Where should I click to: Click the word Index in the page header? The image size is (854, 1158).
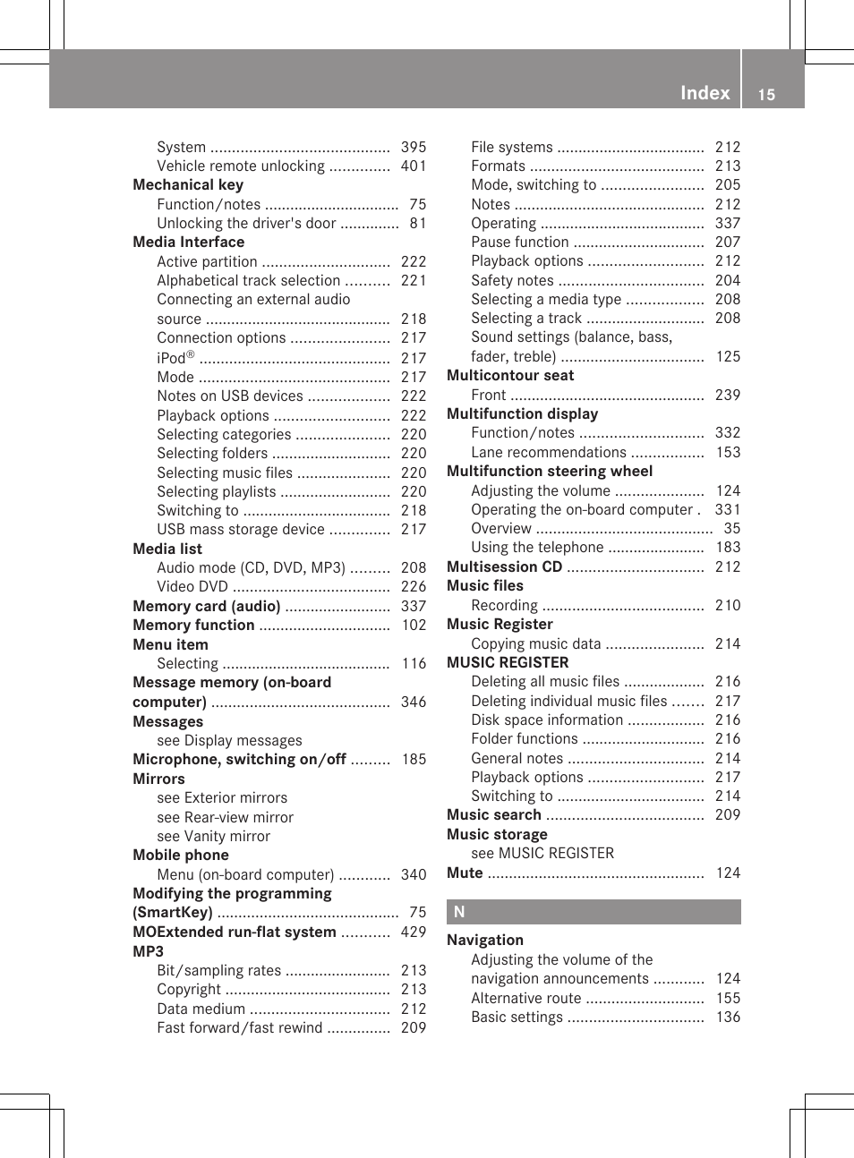click(705, 93)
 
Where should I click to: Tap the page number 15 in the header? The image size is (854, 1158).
click(766, 95)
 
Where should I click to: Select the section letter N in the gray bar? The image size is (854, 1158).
click(459, 912)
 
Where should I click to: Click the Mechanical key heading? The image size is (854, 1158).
click(188, 184)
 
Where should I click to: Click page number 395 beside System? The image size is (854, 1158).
click(414, 147)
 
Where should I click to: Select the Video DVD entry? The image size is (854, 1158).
click(192, 587)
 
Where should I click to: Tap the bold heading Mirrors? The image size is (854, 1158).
click(158, 779)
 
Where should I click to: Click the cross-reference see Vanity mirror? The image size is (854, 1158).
click(213, 836)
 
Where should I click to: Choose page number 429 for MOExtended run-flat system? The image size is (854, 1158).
click(414, 932)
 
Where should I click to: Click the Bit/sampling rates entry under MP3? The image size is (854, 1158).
click(219, 970)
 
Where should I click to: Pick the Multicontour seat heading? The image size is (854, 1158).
click(510, 376)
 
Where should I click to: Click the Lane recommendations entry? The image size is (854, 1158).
click(549, 452)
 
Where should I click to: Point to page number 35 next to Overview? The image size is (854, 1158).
click(731, 528)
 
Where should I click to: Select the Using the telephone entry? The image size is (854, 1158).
click(537, 547)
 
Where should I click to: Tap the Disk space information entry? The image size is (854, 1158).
click(547, 719)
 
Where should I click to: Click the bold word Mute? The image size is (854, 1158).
click(465, 873)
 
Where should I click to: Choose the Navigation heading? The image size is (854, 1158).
click(485, 940)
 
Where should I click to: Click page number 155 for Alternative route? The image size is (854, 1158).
click(728, 998)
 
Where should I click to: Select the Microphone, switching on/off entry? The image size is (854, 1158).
click(239, 759)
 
